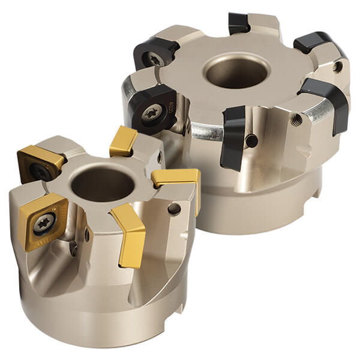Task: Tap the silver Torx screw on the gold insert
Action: (44, 223)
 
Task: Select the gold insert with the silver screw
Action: (44, 221)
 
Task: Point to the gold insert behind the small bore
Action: (124, 142)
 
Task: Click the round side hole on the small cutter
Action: (175, 209)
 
